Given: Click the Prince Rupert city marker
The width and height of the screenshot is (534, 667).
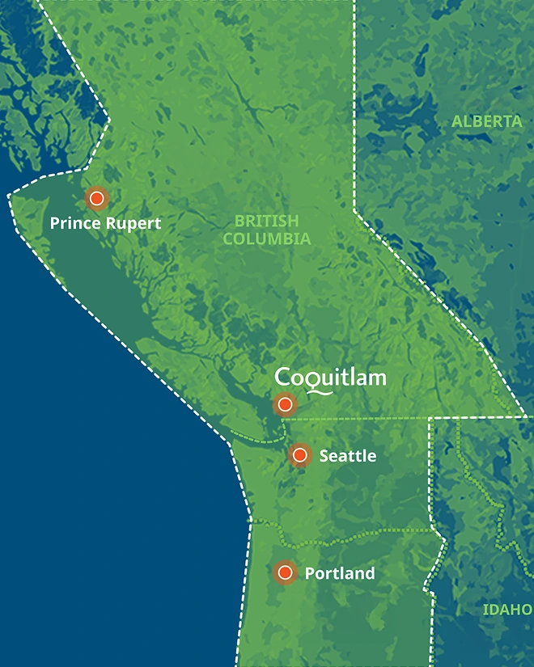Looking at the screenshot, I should (x=97, y=197).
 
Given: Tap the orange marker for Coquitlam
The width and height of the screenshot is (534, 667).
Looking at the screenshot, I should (x=285, y=403).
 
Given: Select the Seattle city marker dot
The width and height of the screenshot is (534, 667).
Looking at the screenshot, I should (x=299, y=455).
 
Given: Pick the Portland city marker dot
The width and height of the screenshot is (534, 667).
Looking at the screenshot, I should (x=284, y=572).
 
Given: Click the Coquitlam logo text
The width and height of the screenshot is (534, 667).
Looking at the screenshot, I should (x=330, y=378).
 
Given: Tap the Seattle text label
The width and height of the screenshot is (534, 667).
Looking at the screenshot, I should (x=348, y=456).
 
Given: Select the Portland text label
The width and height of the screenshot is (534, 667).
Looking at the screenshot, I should (x=340, y=573).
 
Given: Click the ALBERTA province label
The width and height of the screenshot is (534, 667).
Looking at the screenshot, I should (x=487, y=122).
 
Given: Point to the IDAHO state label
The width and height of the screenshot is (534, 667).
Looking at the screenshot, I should (x=508, y=609).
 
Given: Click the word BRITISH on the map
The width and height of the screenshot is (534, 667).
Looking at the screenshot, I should (x=266, y=221).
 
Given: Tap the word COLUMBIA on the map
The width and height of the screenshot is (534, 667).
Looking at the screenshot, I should (x=266, y=239).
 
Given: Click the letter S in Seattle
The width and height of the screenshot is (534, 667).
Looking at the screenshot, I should (x=324, y=456).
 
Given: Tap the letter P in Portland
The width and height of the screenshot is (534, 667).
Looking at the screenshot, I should (x=310, y=573).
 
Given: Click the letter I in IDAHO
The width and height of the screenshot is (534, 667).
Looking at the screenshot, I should (x=485, y=609).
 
